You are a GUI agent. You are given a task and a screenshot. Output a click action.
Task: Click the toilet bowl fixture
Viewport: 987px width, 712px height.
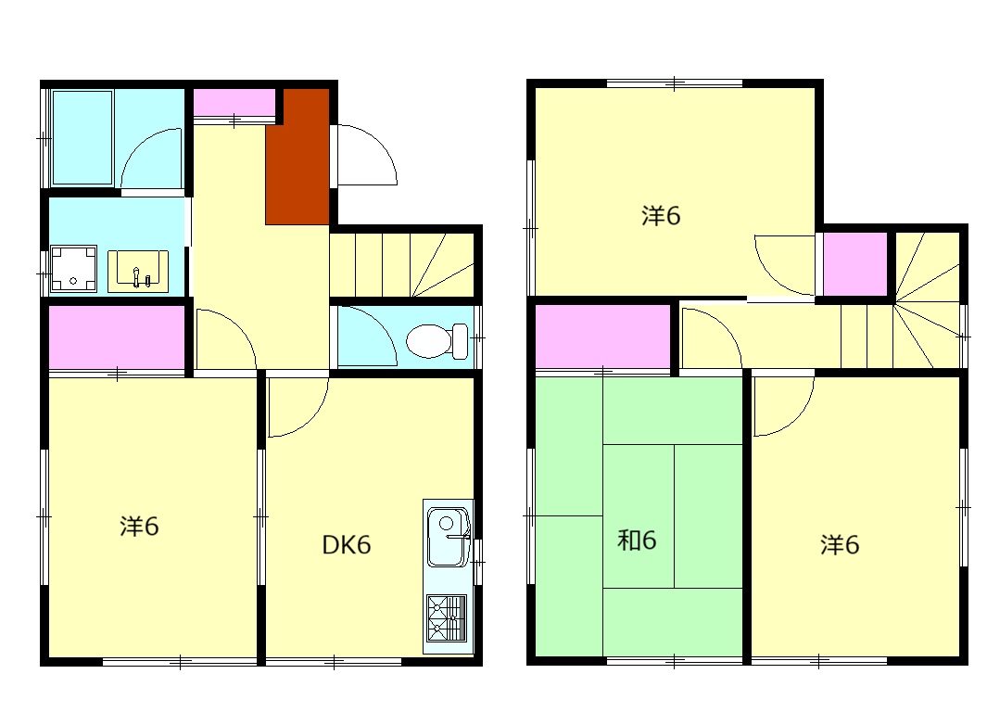click(x=437, y=340)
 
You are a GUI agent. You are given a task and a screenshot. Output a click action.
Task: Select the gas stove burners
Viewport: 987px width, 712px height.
click(x=447, y=617)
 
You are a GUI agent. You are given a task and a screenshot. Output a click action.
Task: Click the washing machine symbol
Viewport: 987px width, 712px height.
click(x=73, y=269)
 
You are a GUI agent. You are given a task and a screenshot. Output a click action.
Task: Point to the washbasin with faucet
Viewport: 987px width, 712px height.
click(x=138, y=272)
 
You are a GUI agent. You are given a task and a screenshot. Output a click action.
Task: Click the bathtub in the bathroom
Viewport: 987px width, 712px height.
click(x=82, y=137)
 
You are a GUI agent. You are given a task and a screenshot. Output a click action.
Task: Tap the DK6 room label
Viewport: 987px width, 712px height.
click(x=347, y=545)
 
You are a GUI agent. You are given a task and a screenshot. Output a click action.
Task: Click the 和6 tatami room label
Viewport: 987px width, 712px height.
click(x=637, y=540)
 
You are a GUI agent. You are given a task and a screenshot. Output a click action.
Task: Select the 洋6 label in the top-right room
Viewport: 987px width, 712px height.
click(x=661, y=216)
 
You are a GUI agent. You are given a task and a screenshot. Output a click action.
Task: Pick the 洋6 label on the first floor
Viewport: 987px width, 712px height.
click(x=139, y=527)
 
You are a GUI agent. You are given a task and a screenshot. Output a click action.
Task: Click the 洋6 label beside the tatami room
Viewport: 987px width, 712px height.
click(x=840, y=544)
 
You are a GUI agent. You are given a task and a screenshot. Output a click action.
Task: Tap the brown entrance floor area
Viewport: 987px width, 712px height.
click(x=297, y=156)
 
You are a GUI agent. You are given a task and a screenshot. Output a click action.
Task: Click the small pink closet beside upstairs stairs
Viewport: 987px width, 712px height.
click(x=855, y=264)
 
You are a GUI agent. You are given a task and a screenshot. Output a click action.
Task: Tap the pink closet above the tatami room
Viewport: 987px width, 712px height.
click(x=602, y=337)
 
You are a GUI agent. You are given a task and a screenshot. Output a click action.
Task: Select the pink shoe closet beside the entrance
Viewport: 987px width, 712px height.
click(x=234, y=103)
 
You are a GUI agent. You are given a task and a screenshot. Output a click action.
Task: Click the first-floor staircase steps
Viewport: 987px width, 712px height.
click(x=401, y=265)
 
